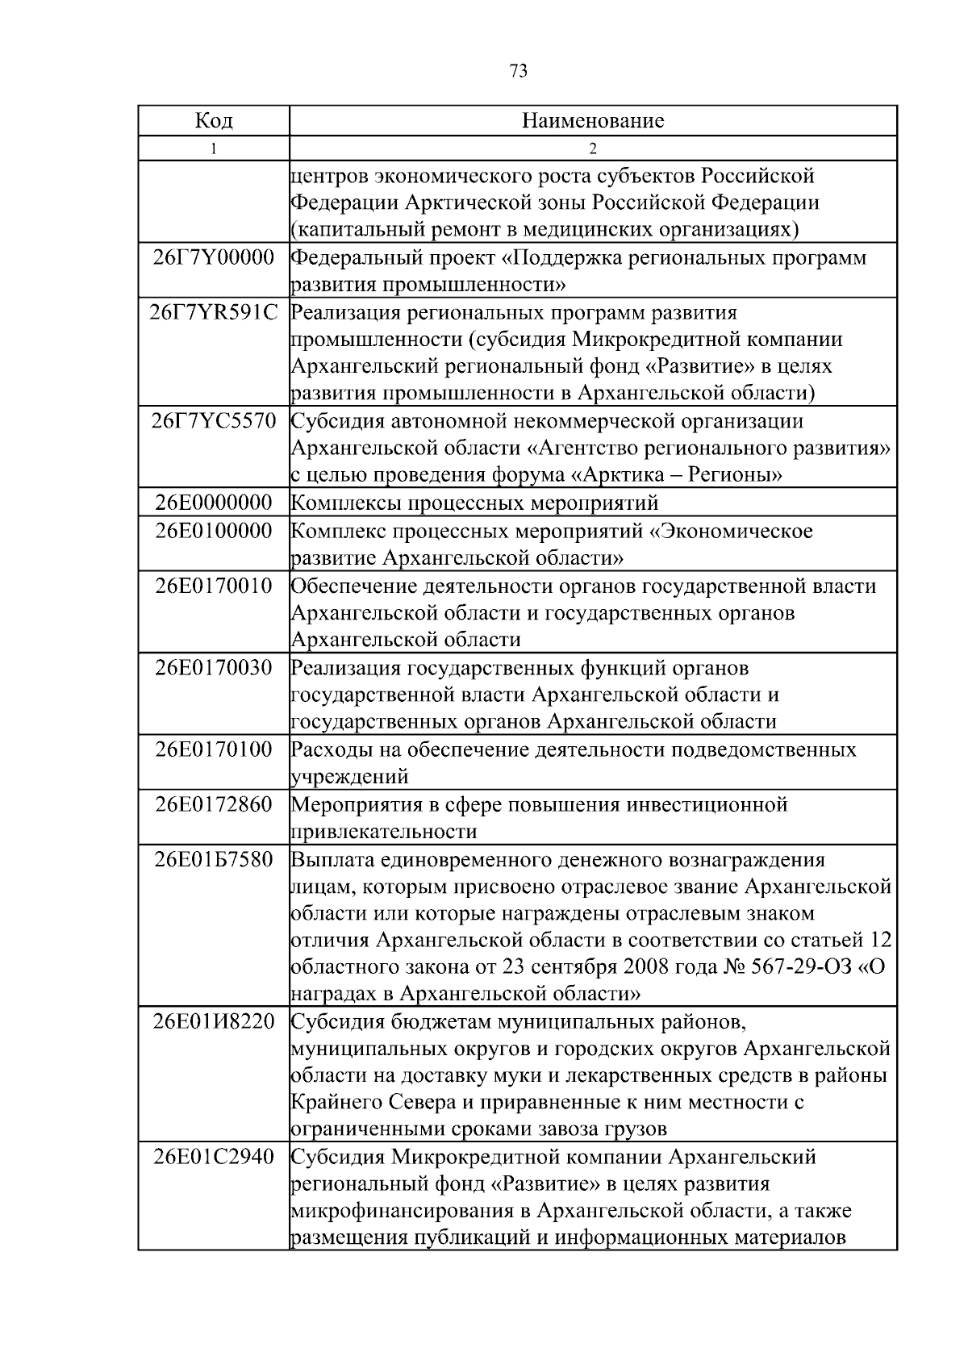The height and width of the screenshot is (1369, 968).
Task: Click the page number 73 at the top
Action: (519, 72)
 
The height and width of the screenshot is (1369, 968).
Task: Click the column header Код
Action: (214, 121)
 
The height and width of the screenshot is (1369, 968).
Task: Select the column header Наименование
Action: (593, 121)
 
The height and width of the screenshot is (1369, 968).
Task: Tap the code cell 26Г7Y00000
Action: (214, 258)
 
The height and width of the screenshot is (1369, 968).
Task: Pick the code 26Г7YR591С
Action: (214, 312)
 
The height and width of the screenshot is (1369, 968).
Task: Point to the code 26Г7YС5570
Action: (214, 420)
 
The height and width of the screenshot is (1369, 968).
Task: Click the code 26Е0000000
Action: (214, 503)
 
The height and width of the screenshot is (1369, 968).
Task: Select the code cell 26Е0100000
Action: (214, 531)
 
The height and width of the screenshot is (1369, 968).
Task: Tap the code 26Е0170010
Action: (214, 586)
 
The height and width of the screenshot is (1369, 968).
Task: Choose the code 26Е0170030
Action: (214, 668)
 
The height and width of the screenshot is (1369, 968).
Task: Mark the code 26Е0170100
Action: (214, 749)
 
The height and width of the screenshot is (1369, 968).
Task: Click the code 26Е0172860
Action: (214, 804)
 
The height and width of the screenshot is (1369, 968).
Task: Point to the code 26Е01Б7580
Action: (214, 859)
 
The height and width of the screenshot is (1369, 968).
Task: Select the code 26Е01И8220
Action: (214, 1022)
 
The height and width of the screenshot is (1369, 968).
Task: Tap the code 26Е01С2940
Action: (214, 1158)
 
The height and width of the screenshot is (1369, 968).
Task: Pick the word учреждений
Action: (349, 777)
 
